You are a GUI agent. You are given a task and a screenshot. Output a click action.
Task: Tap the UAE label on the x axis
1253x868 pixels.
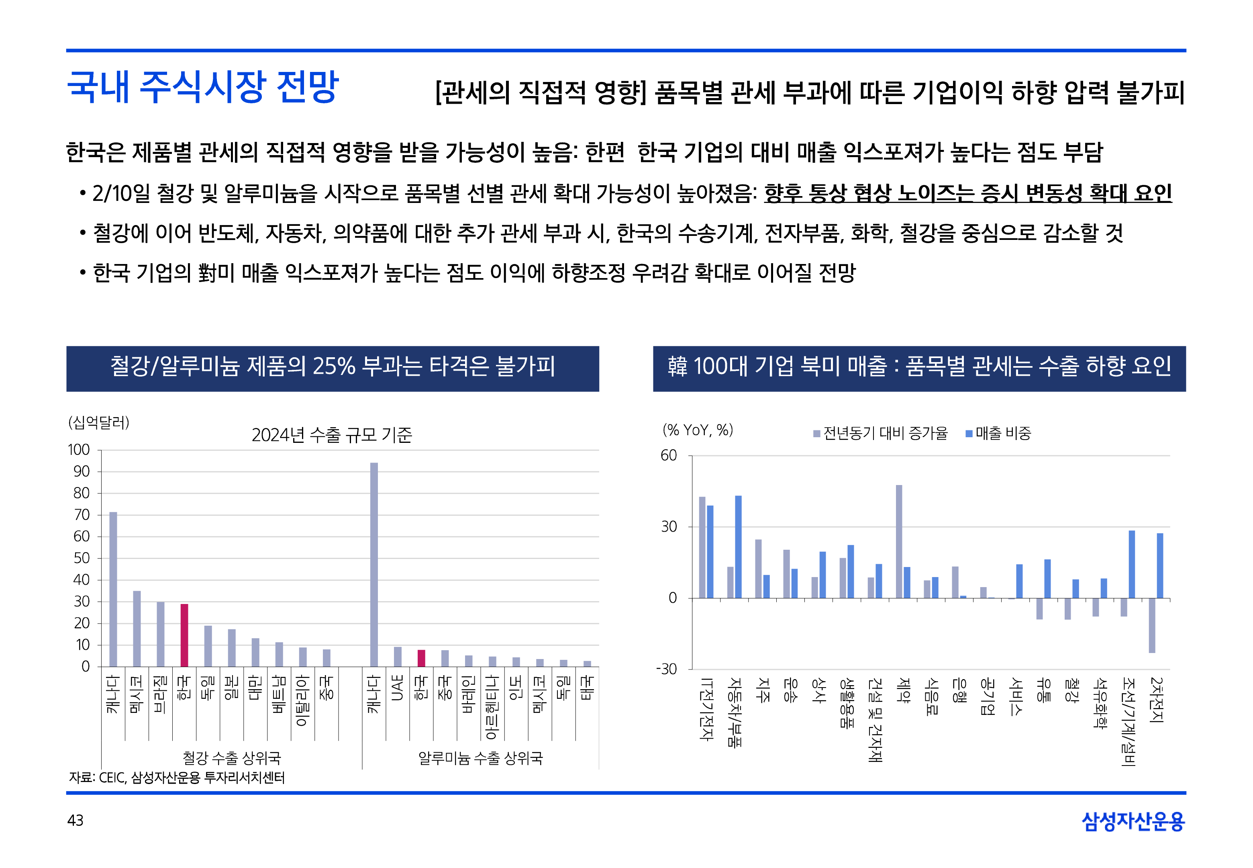click(397, 688)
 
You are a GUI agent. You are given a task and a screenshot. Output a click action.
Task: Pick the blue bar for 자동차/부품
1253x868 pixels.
click(738, 547)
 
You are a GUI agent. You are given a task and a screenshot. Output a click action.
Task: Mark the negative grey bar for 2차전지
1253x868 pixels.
click(1152, 625)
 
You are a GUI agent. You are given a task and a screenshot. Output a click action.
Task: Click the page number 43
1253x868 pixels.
click(76, 820)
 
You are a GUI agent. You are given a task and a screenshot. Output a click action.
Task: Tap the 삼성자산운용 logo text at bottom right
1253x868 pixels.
click(1133, 821)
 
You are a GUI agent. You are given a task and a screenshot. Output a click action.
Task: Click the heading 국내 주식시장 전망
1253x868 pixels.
click(203, 87)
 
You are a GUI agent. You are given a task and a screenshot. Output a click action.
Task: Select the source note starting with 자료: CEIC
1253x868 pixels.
click(177, 778)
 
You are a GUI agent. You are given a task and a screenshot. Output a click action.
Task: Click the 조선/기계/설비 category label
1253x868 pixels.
click(1128, 721)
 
